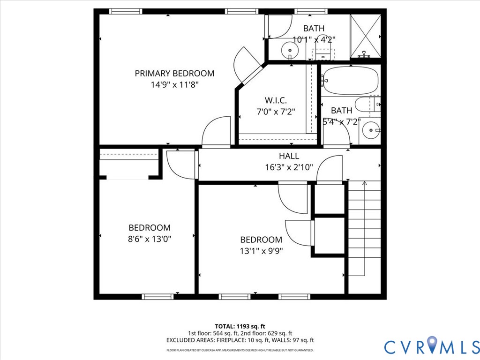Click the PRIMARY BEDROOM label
click(174, 74)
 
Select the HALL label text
click(289, 156)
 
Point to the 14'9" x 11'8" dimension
click(174, 85)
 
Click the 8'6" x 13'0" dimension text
click(150, 239)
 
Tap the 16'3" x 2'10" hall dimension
click(289, 167)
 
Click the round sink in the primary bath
click(290, 49)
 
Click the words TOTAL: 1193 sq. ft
click(240, 326)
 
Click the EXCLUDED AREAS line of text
click(240, 340)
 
